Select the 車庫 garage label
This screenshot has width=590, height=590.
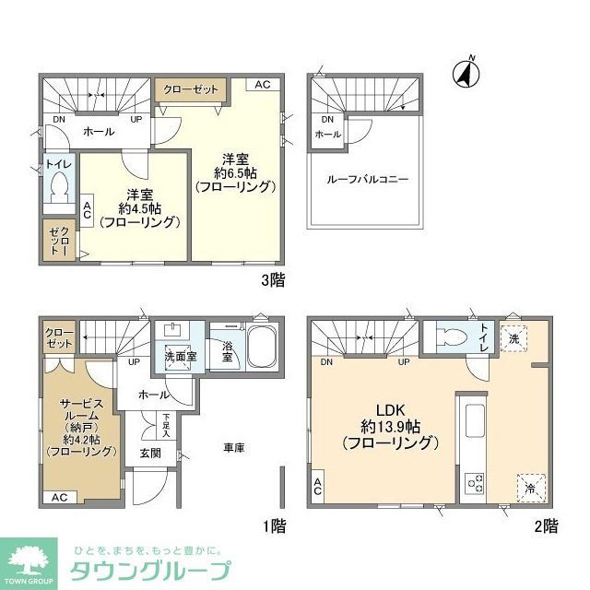pos(234,448)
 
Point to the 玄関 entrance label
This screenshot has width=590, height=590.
pos(150,454)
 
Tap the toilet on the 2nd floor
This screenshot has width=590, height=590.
pos(453,336)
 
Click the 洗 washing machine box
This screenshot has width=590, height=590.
pos(513,338)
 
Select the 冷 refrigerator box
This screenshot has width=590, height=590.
pos(531,487)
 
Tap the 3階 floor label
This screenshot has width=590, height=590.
pos(272,280)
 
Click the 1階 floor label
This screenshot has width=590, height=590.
pos(273,526)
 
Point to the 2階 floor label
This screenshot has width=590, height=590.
pos(545,526)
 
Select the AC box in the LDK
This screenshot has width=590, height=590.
pos(318,488)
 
